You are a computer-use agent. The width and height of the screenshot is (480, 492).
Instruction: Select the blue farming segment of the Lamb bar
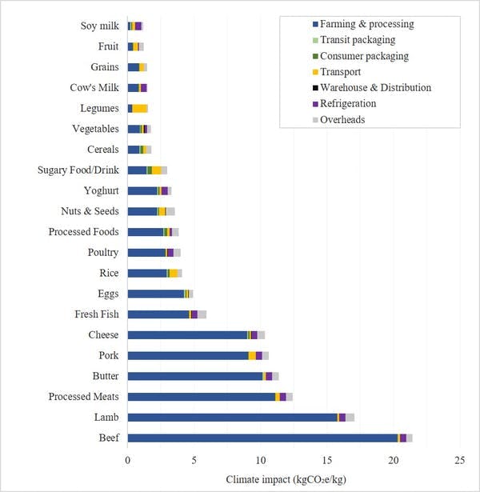pyautogui.click(x=232, y=417)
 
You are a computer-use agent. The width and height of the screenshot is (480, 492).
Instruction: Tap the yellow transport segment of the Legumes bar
pyautogui.click(x=140, y=108)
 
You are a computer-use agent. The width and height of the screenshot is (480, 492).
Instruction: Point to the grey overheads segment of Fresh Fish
pyautogui.click(x=202, y=314)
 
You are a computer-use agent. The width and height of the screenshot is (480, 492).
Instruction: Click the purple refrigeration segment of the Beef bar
pyautogui.click(x=403, y=438)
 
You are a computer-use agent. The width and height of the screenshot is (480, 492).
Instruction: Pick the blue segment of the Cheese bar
pyautogui.click(x=187, y=335)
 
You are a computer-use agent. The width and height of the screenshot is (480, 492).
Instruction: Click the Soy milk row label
pyautogui.click(x=99, y=26)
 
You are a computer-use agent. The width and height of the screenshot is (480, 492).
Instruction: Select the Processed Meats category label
pyautogui.click(x=83, y=397)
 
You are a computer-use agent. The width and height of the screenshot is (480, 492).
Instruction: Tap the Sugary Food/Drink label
pyautogui.click(x=78, y=170)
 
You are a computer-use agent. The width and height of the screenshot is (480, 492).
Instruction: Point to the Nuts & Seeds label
pyautogui.click(x=90, y=211)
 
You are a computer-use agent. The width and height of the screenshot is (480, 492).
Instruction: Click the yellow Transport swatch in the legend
pyautogui.click(x=314, y=72)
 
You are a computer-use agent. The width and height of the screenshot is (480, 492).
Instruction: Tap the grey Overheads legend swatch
pyautogui.click(x=314, y=119)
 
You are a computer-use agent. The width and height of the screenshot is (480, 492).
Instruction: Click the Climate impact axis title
pyautogui.click(x=293, y=480)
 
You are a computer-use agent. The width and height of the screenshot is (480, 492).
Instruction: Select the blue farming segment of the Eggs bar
pyautogui.click(x=155, y=294)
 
